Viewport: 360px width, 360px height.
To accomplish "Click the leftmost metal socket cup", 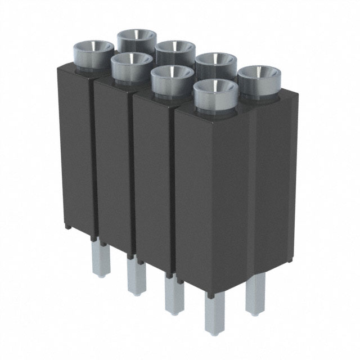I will (93, 53).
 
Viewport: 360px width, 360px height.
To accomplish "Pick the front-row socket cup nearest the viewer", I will (215, 93).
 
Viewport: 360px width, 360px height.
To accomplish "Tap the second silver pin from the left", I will (136, 276).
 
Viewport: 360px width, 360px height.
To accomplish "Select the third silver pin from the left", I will (173, 292).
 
